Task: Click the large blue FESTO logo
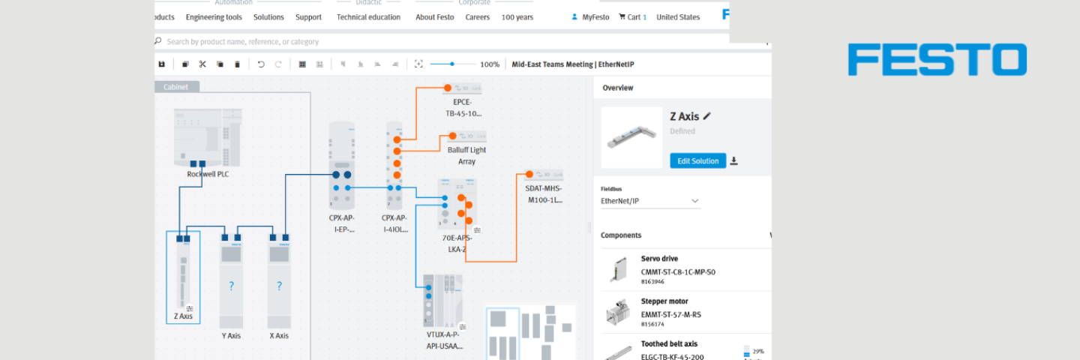(x=937, y=59)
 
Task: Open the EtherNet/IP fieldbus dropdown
(x=649, y=201)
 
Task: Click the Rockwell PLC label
(x=208, y=174)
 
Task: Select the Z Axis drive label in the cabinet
(x=183, y=316)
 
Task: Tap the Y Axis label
(x=231, y=335)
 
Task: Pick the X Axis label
(x=279, y=335)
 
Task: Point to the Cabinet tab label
(x=176, y=87)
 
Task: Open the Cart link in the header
(x=632, y=17)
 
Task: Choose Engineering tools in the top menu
(x=214, y=17)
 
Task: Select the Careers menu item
(x=477, y=17)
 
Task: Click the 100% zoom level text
(x=490, y=64)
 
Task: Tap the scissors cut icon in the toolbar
(x=202, y=64)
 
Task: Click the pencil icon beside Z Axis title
(x=706, y=116)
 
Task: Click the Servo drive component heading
(x=659, y=259)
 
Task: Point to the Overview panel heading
(x=618, y=88)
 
